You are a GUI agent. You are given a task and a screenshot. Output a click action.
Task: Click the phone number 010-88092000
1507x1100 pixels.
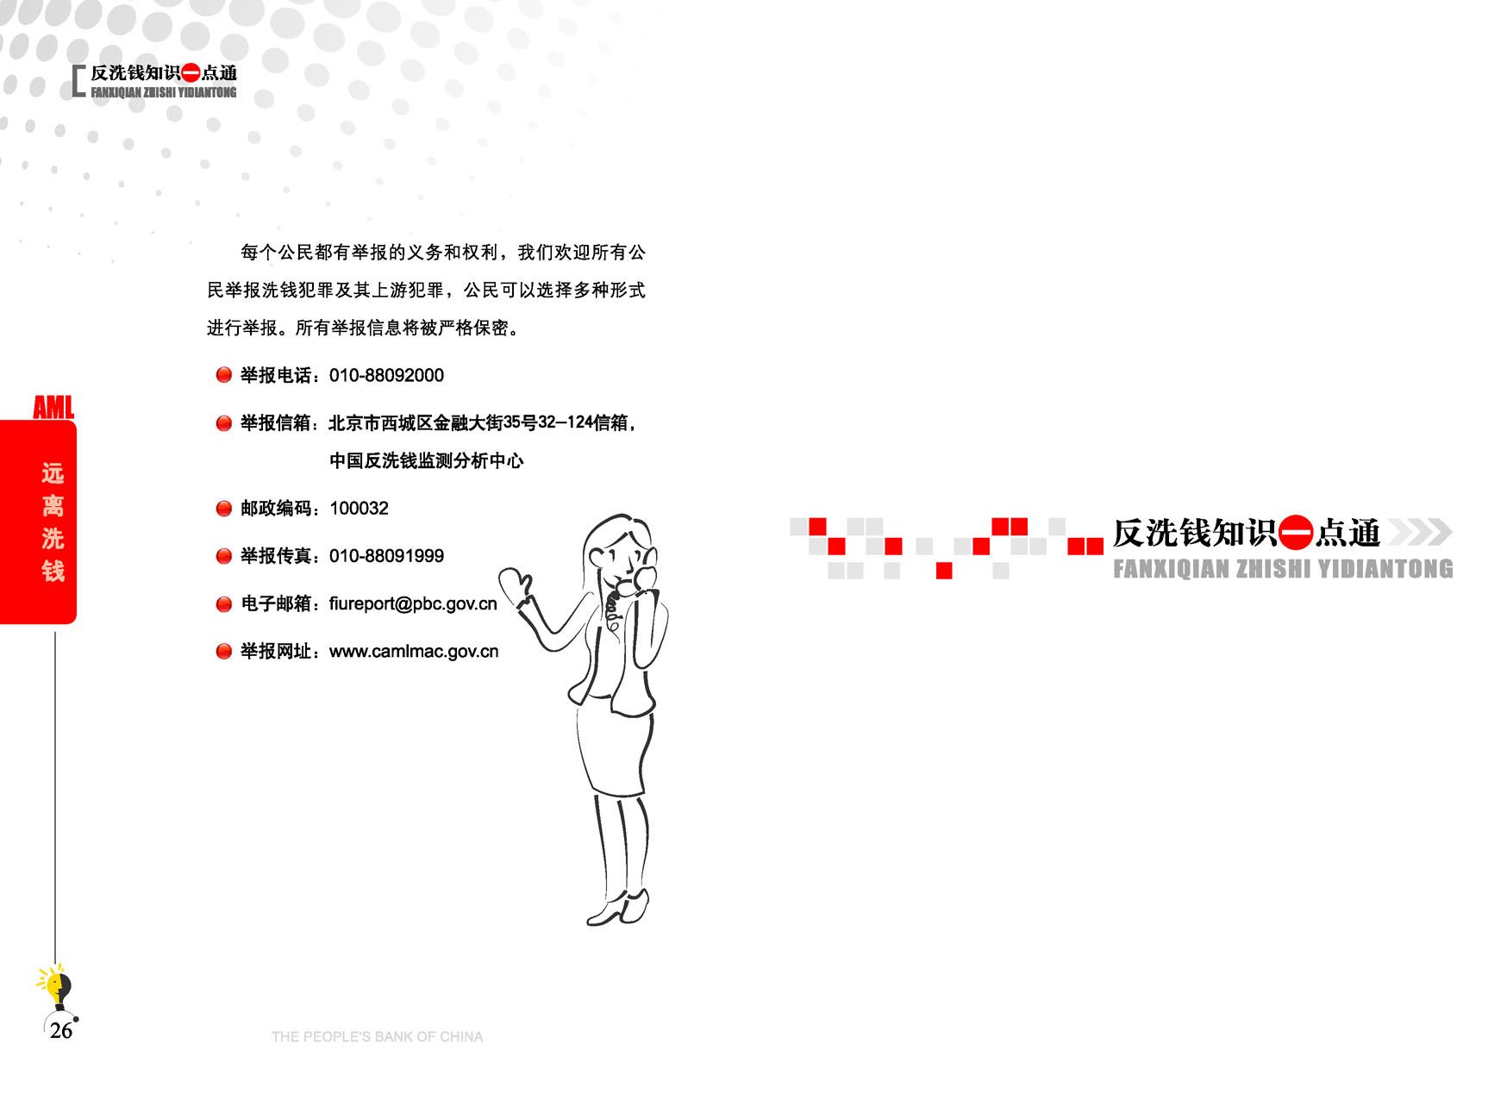click(x=386, y=376)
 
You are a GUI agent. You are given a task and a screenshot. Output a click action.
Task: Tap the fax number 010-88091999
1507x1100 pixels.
click(x=386, y=556)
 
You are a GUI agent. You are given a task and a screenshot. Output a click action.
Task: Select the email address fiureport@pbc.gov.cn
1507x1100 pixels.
click(x=413, y=604)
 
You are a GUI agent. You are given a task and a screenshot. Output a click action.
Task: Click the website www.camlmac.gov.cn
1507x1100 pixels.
click(x=414, y=652)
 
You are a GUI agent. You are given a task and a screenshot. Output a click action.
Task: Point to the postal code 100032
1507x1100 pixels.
click(x=359, y=509)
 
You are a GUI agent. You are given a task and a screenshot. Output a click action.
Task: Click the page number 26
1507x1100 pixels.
click(x=61, y=1031)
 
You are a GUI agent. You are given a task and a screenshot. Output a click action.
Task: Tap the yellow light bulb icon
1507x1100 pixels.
click(x=56, y=985)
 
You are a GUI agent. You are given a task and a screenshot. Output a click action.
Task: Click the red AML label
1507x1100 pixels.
click(x=53, y=407)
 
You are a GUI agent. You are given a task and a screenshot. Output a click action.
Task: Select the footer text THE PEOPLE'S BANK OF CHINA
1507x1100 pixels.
click(x=377, y=1037)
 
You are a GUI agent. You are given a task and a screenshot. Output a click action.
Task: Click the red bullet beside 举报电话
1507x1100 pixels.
click(x=224, y=375)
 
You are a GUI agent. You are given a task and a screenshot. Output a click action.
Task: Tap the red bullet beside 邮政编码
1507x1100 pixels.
click(x=224, y=509)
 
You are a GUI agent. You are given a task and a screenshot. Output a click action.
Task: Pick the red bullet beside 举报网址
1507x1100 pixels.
click(x=224, y=652)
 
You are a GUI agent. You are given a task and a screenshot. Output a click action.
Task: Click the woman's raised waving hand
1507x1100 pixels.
click(x=516, y=586)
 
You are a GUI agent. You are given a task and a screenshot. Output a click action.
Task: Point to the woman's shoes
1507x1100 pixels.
click(x=617, y=909)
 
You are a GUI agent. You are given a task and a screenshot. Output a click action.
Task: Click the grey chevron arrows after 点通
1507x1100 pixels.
click(x=1419, y=533)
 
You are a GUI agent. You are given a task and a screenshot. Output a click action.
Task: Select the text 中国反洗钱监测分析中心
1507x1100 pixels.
click(x=427, y=461)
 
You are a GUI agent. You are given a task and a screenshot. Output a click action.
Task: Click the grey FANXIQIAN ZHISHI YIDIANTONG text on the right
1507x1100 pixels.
click(x=1283, y=569)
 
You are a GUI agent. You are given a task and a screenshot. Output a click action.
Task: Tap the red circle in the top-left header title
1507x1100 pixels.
click(x=191, y=74)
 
